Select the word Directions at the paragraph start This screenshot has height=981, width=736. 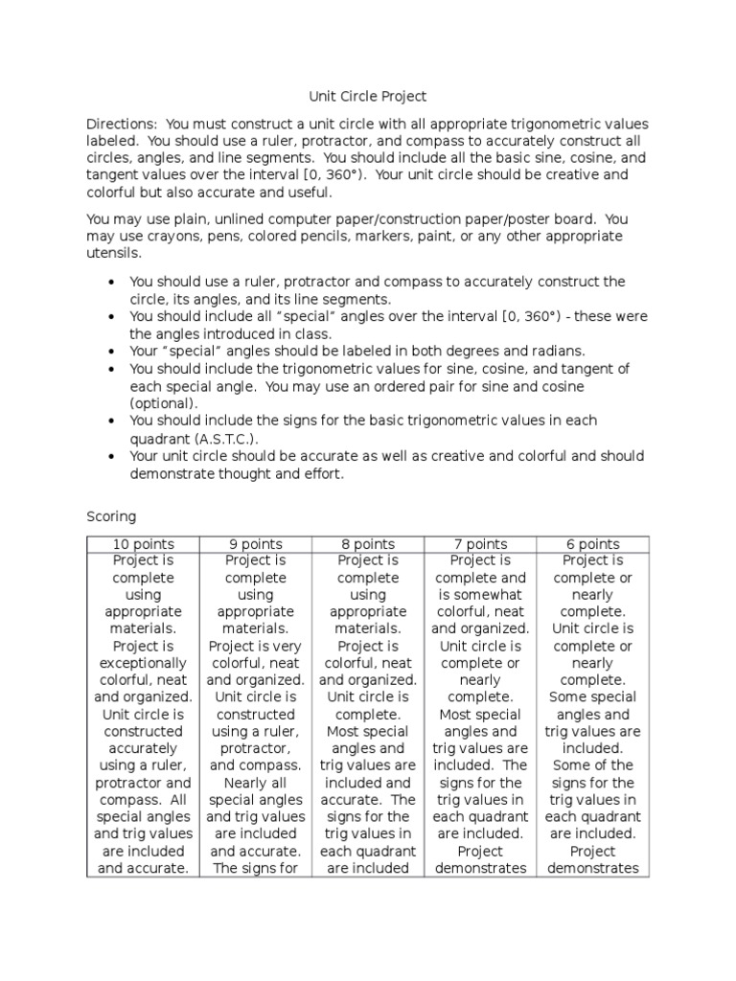(121, 125)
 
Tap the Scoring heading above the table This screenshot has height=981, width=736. (111, 516)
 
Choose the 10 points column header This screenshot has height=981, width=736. (143, 544)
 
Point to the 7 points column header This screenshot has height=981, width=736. (480, 544)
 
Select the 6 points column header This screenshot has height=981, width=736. (592, 544)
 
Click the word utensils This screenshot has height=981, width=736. (112, 253)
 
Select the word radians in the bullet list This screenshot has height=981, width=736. (550, 351)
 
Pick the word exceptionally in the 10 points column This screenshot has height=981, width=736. (143, 663)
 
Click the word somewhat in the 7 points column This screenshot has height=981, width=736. (480, 595)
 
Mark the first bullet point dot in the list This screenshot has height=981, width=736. (112, 283)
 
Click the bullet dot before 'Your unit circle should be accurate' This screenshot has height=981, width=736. (112, 457)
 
